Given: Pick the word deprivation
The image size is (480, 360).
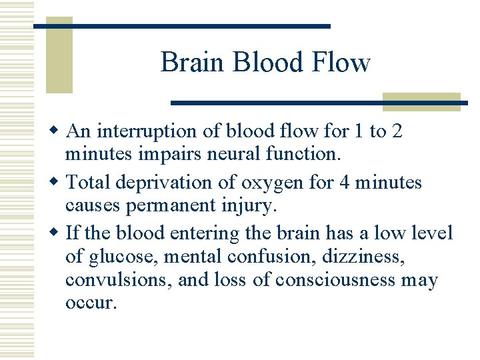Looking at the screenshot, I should click(156, 181).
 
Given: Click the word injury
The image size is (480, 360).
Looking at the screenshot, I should click(249, 206).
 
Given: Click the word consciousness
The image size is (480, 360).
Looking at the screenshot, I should click(321, 281).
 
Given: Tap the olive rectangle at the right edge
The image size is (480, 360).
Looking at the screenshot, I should click(421, 101).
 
